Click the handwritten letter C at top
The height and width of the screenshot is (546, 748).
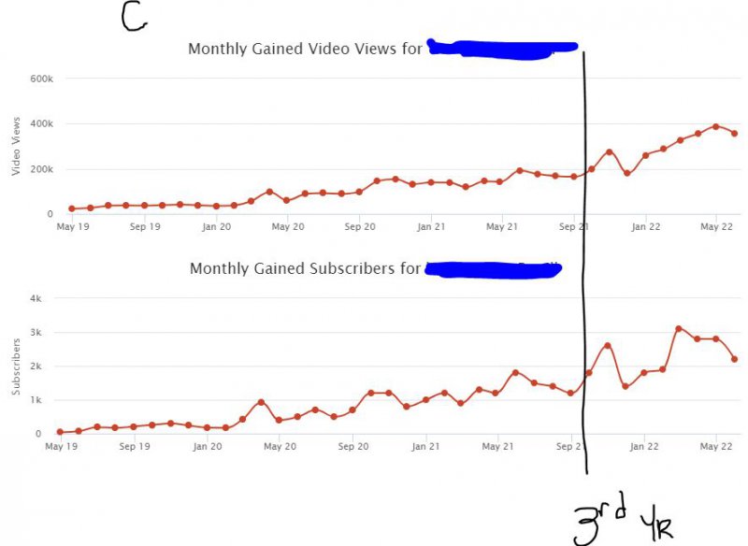134,16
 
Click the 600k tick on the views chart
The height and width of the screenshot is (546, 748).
41,79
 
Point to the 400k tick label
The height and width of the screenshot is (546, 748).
41,124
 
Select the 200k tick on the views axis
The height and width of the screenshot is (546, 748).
41,169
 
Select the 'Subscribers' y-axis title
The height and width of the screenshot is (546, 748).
15,367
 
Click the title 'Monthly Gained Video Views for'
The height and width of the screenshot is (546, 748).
306,49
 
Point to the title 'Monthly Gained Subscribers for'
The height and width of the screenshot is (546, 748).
305,269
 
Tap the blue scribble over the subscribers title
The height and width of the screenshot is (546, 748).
493,270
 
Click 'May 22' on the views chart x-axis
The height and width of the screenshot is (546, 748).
715,226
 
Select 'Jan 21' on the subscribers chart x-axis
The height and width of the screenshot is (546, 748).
426,446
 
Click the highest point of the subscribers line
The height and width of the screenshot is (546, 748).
679,329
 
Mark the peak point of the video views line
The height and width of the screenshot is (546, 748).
715,126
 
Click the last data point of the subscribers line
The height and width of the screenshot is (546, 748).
734,359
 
